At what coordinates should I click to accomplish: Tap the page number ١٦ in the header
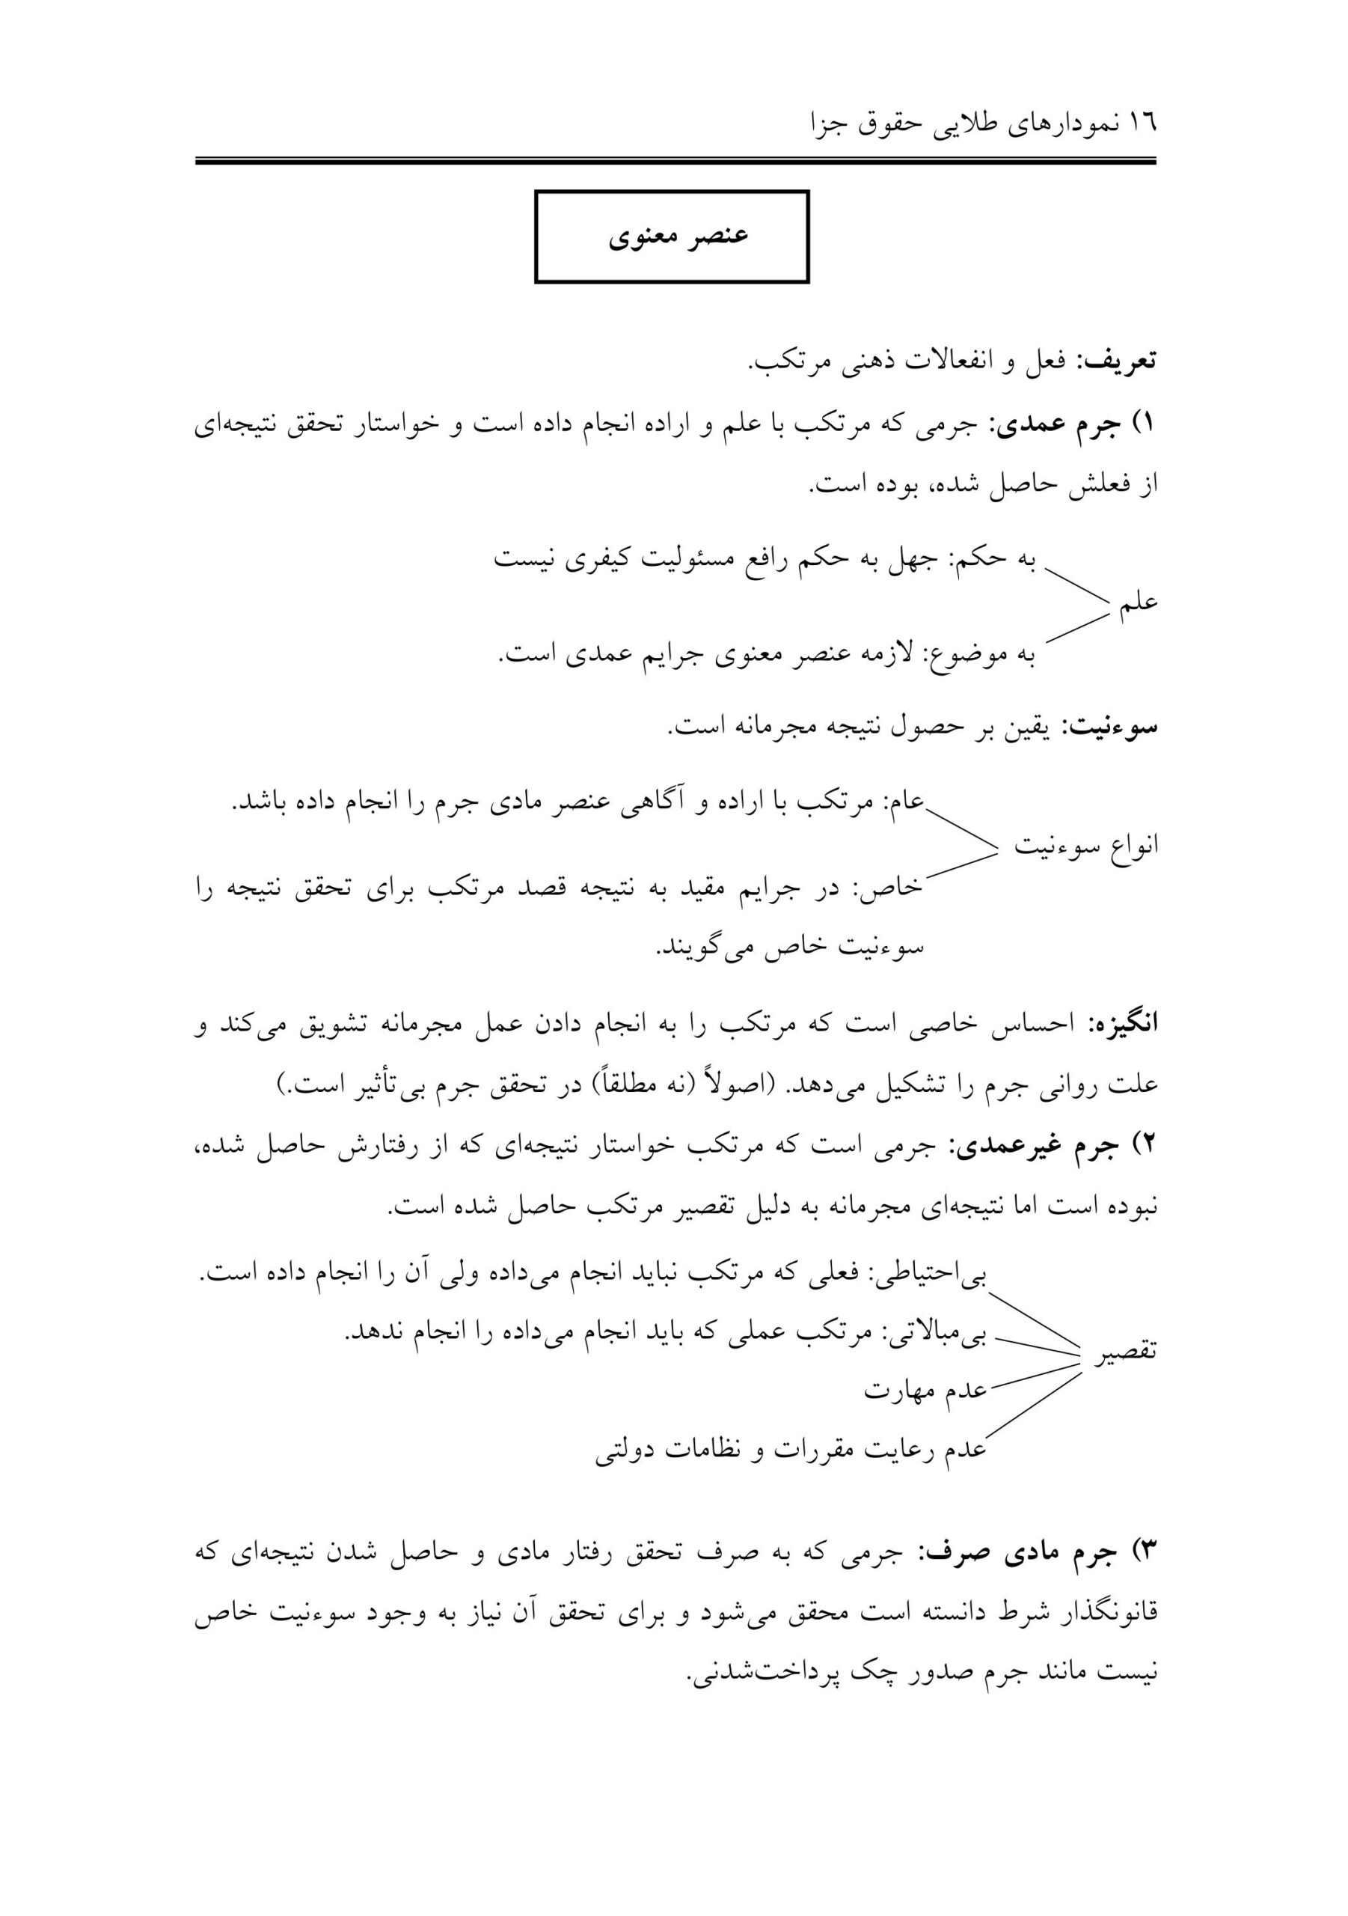tap(1143, 124)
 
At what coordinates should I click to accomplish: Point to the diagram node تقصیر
tap(1127, 1351)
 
